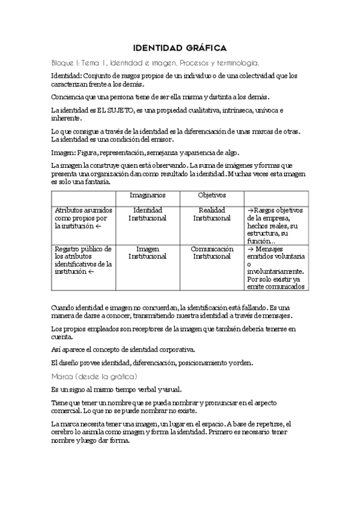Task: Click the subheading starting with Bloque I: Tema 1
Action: pyautogui.click(x=155, y=62)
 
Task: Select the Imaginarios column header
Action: pyautogui.click(x=147, y=196)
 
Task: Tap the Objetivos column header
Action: pyautogui.click(x=212, y=196)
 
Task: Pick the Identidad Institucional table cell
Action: pyautogui.click(x=147, y=214)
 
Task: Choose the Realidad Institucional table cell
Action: pyautogui.click(x=212, y=214)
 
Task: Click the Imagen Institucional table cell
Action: pyautogui.click(x=147, y=252)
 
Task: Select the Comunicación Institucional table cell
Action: pyautogui.click(x=212, y=252)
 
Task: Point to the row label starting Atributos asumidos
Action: pyautogui.click(x=82, y=218)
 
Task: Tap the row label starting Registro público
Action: pyautogui.click(x=82, y=260)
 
